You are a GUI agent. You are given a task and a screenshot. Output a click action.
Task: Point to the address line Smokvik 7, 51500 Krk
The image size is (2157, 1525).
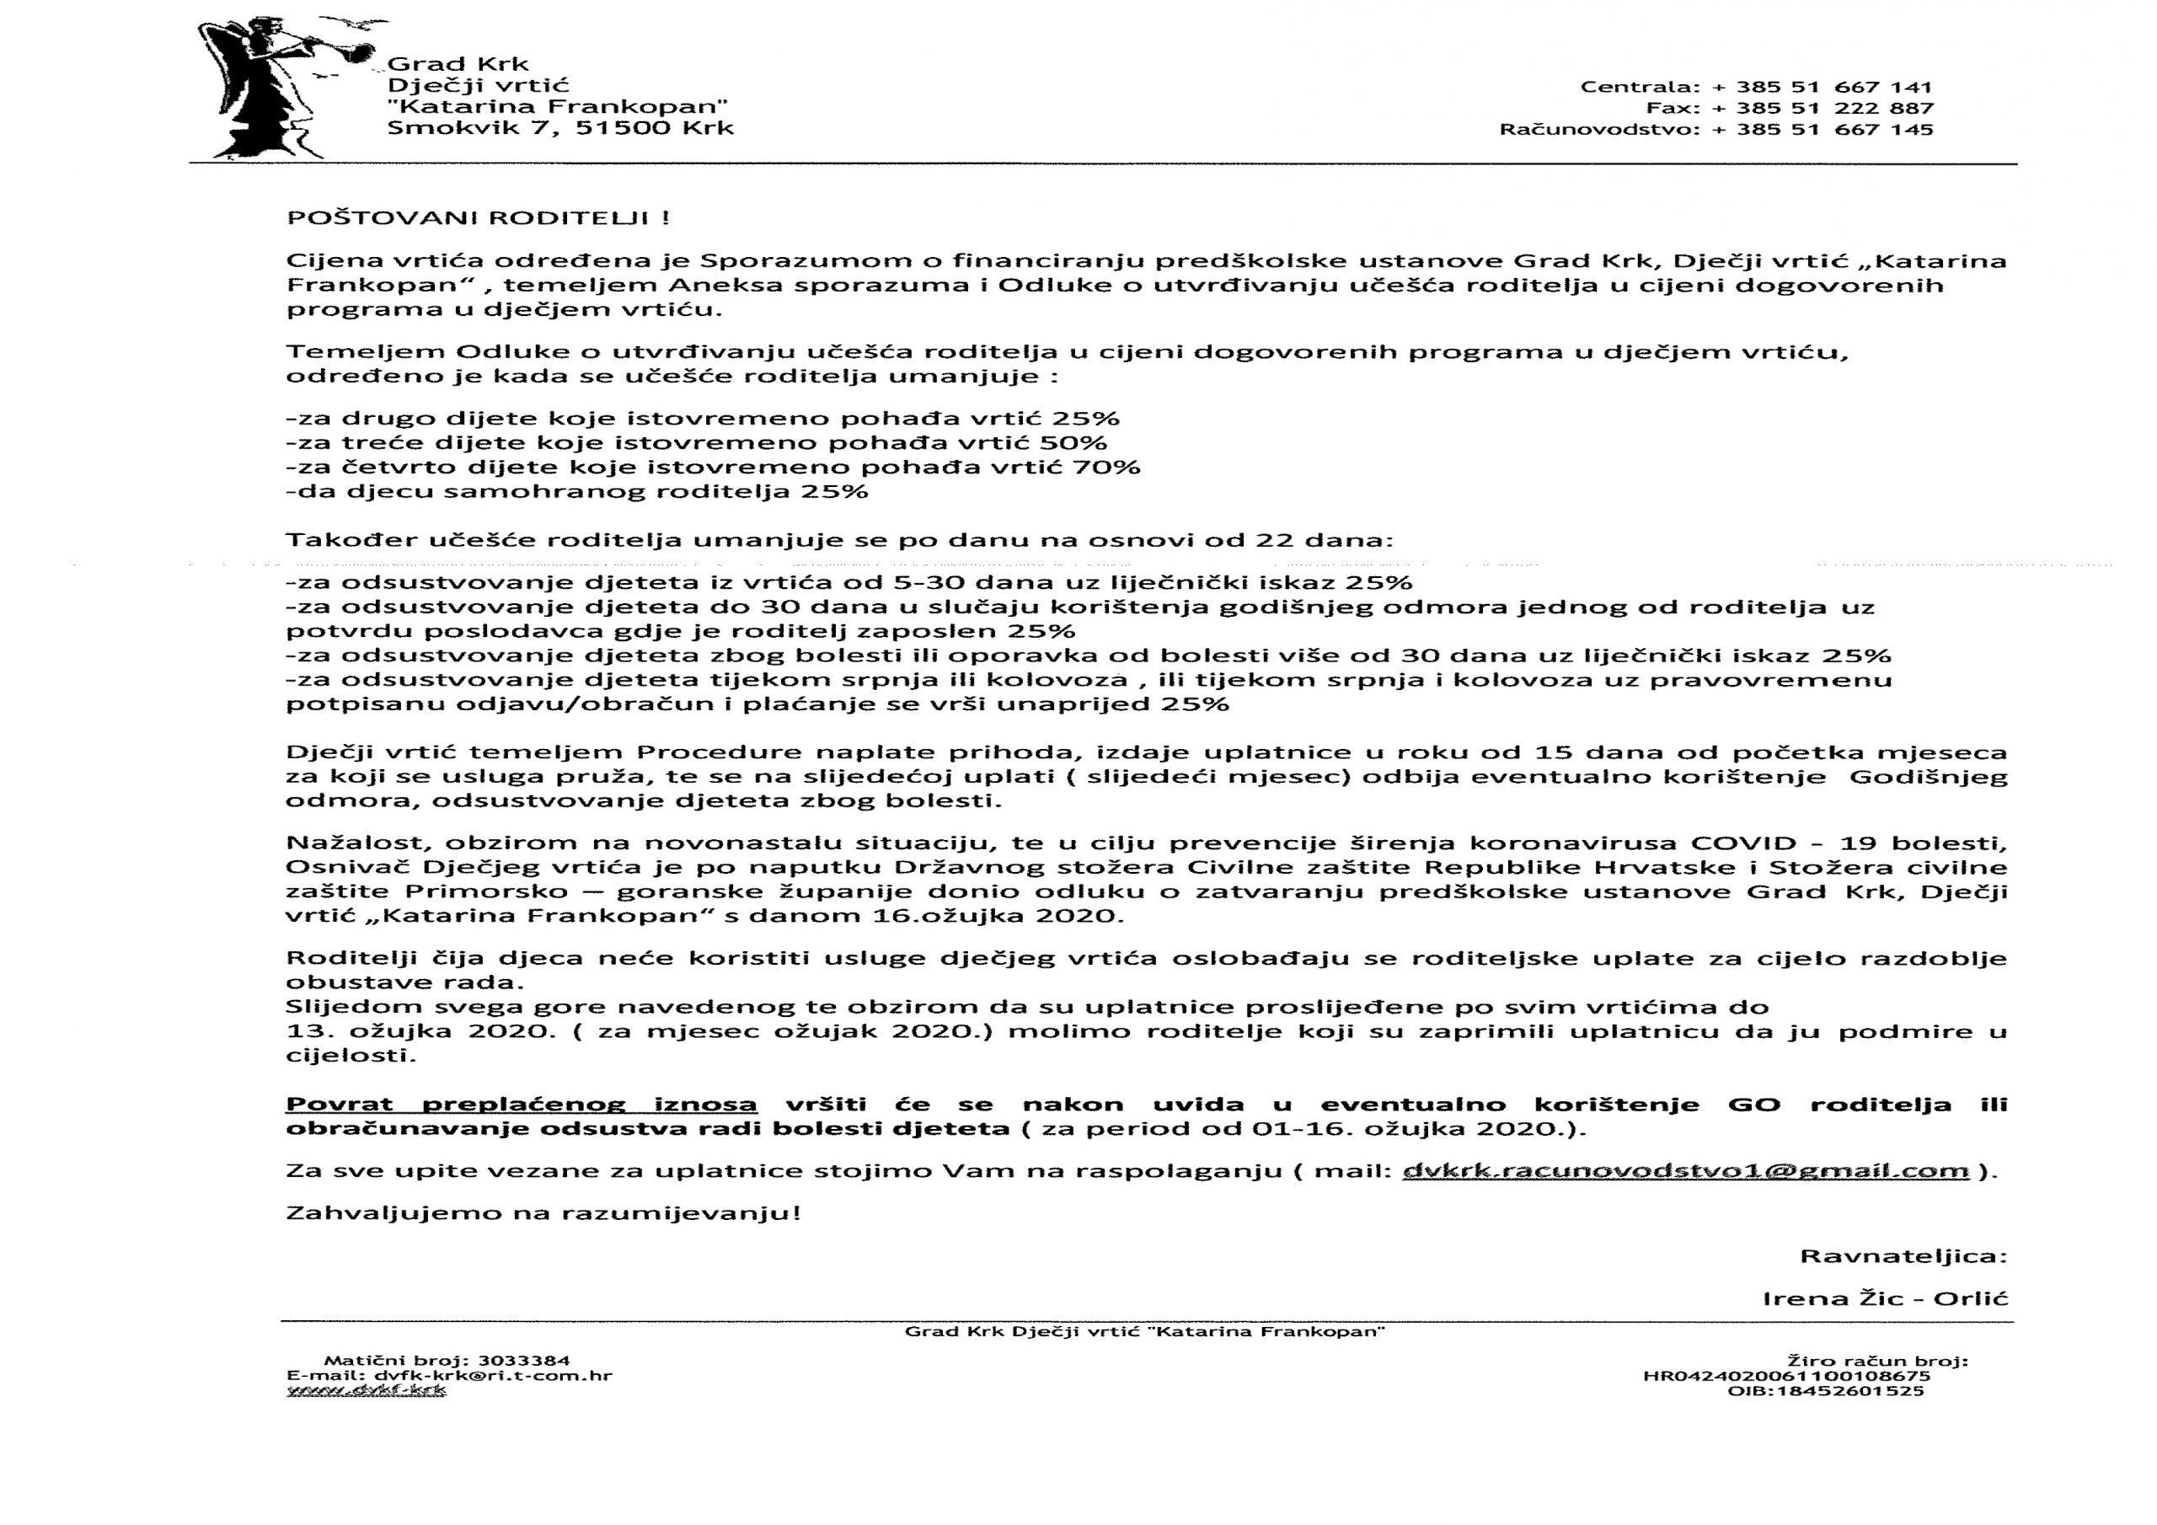click(x=560, y=128)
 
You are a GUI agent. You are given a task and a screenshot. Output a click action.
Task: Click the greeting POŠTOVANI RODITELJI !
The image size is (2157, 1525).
click(x=479, y=218)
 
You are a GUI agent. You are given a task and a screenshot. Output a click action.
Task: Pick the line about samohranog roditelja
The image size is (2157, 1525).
click(x=577, y=491)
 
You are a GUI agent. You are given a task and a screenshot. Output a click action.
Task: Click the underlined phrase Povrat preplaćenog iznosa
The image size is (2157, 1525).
click(x=522, y=1105)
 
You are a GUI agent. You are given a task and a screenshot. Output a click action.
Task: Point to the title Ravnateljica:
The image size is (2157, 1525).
click(x=1903, y=1256)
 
